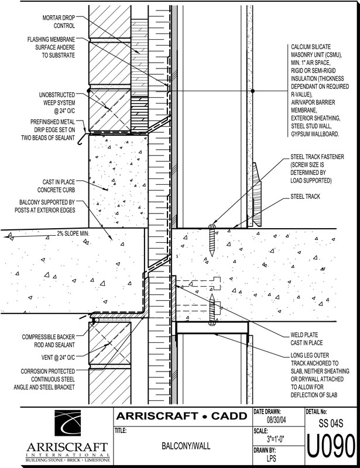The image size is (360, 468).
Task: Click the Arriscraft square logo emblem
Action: [x=67, y=425]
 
